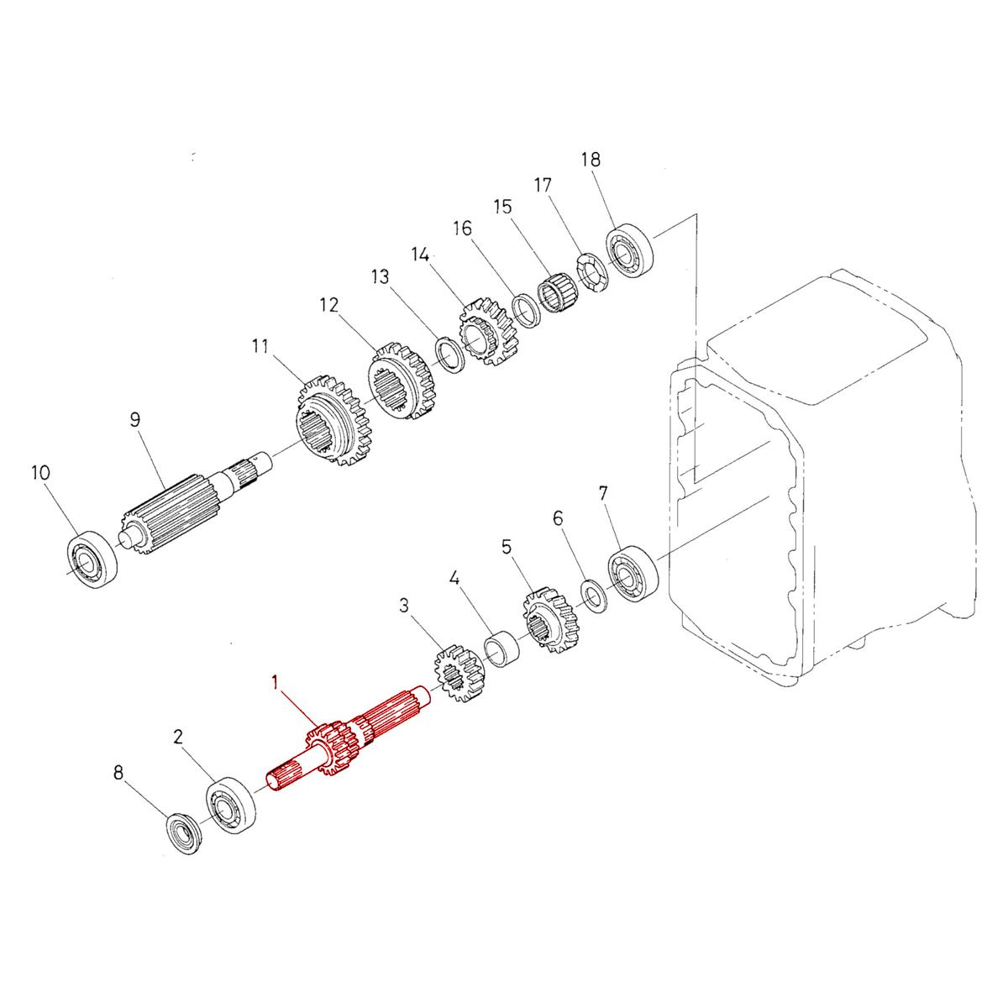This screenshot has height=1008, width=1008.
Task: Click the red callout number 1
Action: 275,683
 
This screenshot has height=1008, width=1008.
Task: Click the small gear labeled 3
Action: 459,674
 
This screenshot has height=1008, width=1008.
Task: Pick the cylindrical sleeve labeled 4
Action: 502,649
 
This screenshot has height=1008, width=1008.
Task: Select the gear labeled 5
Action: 551,620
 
